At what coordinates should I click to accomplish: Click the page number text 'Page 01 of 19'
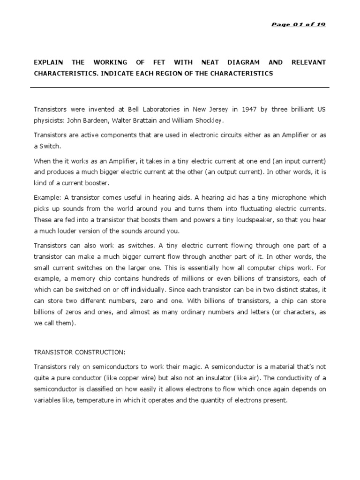(x=299, y=25)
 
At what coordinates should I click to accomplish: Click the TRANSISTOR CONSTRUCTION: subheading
(x=80, y=352)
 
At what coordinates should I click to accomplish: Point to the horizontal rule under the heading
(x=180, y=87)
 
